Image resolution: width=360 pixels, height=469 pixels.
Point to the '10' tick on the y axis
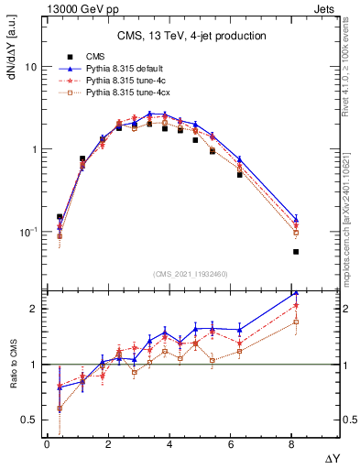(30, 68)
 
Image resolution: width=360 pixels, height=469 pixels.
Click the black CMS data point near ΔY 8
(296, 251)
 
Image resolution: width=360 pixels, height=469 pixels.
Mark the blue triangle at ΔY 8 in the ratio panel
(296, 294)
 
